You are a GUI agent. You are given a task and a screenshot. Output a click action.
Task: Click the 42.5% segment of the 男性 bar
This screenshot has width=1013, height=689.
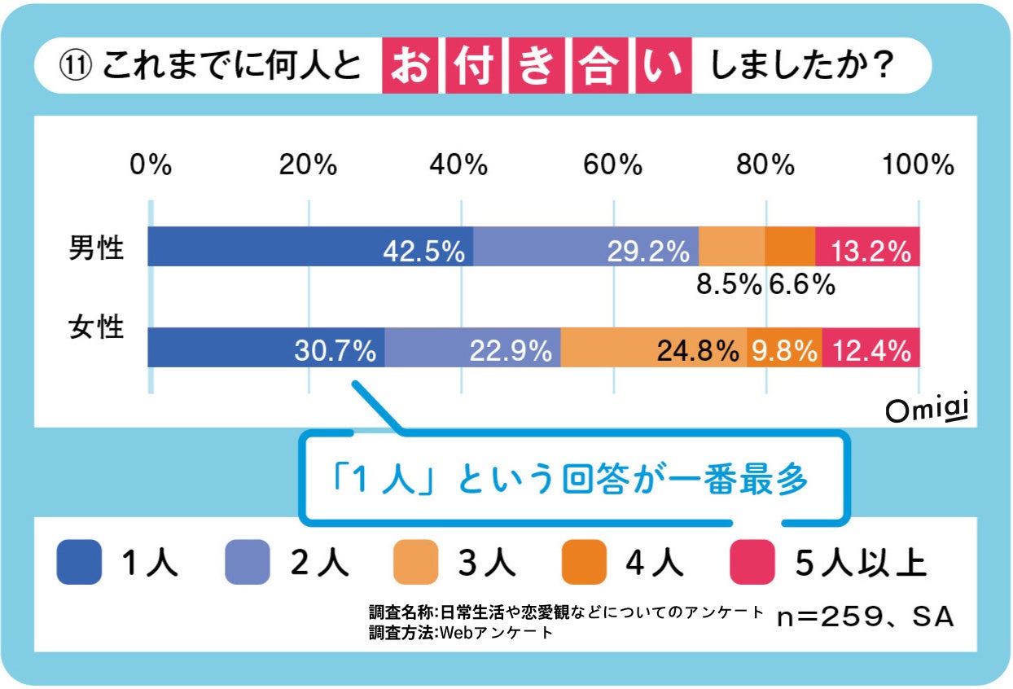click(x=310, y=247)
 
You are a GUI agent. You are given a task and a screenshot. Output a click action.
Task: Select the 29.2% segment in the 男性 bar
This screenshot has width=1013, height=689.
click(x=585, y=247)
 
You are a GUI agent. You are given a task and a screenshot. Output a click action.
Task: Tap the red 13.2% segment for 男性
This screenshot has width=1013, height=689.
click(x=867, y=247)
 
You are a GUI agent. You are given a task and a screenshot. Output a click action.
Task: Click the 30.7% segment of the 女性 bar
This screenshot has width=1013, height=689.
click(x=266, y=348)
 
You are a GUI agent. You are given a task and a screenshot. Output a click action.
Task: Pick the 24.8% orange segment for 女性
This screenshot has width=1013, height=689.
click(x=653, y=348)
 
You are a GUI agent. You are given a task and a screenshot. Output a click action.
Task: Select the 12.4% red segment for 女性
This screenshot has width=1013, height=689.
click(x=870, y=348)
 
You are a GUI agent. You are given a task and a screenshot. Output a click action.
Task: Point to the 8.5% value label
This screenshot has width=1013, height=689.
click(x=730, y=284)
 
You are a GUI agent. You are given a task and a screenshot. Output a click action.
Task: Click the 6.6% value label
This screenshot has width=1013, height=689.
click(x=801, y=284)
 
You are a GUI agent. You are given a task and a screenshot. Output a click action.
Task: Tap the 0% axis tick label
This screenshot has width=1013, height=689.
click(x=151, y=165)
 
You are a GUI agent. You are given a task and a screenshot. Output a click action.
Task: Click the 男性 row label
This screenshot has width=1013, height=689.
click(x=96, y=248)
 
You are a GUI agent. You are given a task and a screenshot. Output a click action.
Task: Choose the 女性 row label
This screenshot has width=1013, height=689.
click(x=96, y=327)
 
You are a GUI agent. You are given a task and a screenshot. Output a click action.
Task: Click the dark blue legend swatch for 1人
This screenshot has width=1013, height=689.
click(x=79, y=562)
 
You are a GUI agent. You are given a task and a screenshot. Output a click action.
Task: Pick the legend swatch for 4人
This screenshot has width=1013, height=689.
click(x=584, y=562)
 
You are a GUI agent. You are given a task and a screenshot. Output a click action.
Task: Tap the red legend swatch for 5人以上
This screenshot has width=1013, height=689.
click(x=752, y=562)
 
